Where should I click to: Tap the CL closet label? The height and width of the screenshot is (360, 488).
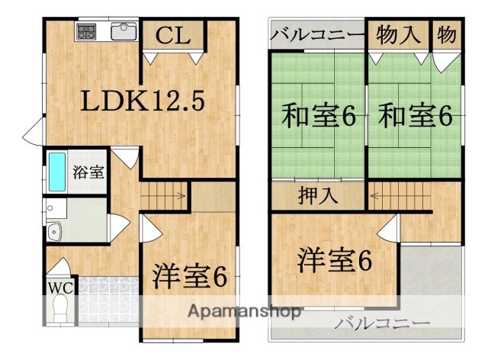[174, 34]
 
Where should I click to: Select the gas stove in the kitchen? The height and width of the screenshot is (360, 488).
[85, 33]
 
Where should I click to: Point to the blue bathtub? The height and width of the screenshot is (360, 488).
[56, 172]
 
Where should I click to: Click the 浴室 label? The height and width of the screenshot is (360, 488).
[89, 172]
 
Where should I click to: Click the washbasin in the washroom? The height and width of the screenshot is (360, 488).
[54, 231]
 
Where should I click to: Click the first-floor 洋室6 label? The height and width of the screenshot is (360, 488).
[190, 276]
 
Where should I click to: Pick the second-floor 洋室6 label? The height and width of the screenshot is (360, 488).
[335, 261]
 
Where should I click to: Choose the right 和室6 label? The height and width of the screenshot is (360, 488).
[416, 117]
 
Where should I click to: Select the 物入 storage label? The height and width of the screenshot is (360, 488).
[399, 34]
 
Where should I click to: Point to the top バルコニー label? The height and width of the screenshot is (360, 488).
[317, 34]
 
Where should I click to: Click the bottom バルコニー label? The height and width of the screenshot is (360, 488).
[381, 323]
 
